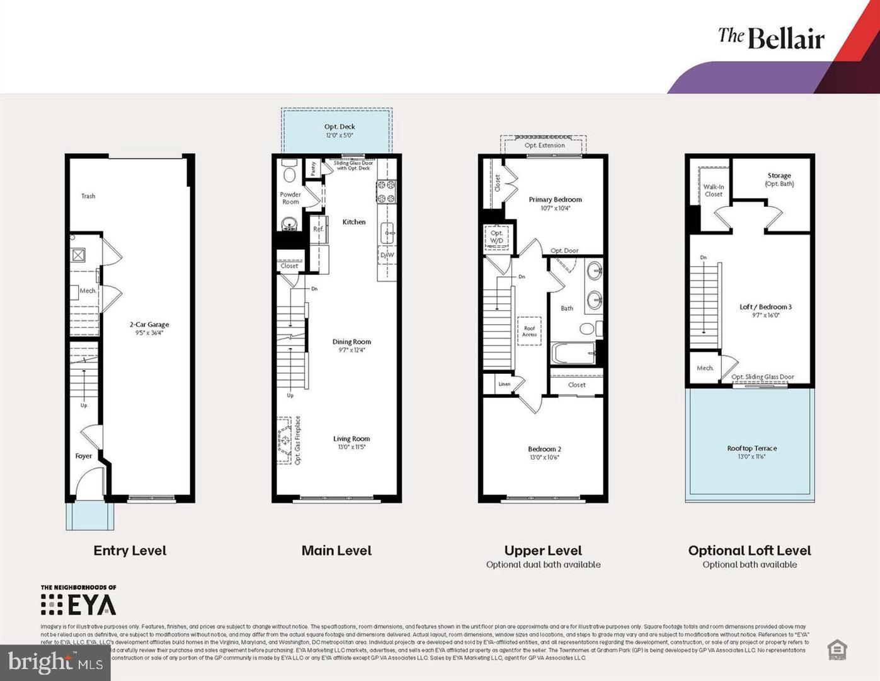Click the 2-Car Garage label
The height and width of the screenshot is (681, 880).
(149, 325)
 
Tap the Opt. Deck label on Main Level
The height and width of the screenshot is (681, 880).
(340, 127)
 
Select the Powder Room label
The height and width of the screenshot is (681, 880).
(290, 198)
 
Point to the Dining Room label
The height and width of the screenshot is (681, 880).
(351, 342)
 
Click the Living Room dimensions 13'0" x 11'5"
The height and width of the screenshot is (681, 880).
(351, 447)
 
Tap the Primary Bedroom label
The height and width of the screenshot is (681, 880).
(555, 199)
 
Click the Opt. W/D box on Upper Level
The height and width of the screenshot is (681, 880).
(496, 237)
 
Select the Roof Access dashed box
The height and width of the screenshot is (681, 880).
(529, 331)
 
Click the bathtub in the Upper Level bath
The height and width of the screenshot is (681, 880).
(573, 353)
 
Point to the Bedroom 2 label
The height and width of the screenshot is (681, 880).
(544, 449)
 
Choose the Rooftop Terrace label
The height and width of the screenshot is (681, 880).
(751, 448)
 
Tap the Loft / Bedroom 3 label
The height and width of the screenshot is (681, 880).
(765, 307)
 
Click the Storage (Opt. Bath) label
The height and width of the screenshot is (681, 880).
(779, 180)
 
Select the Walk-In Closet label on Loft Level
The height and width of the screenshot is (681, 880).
(713, 190)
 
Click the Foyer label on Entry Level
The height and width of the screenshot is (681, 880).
(84, 456)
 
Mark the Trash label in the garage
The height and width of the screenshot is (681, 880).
(88, 196)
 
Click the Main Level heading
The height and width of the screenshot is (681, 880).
(336, 550)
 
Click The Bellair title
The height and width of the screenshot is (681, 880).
(771, 38)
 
